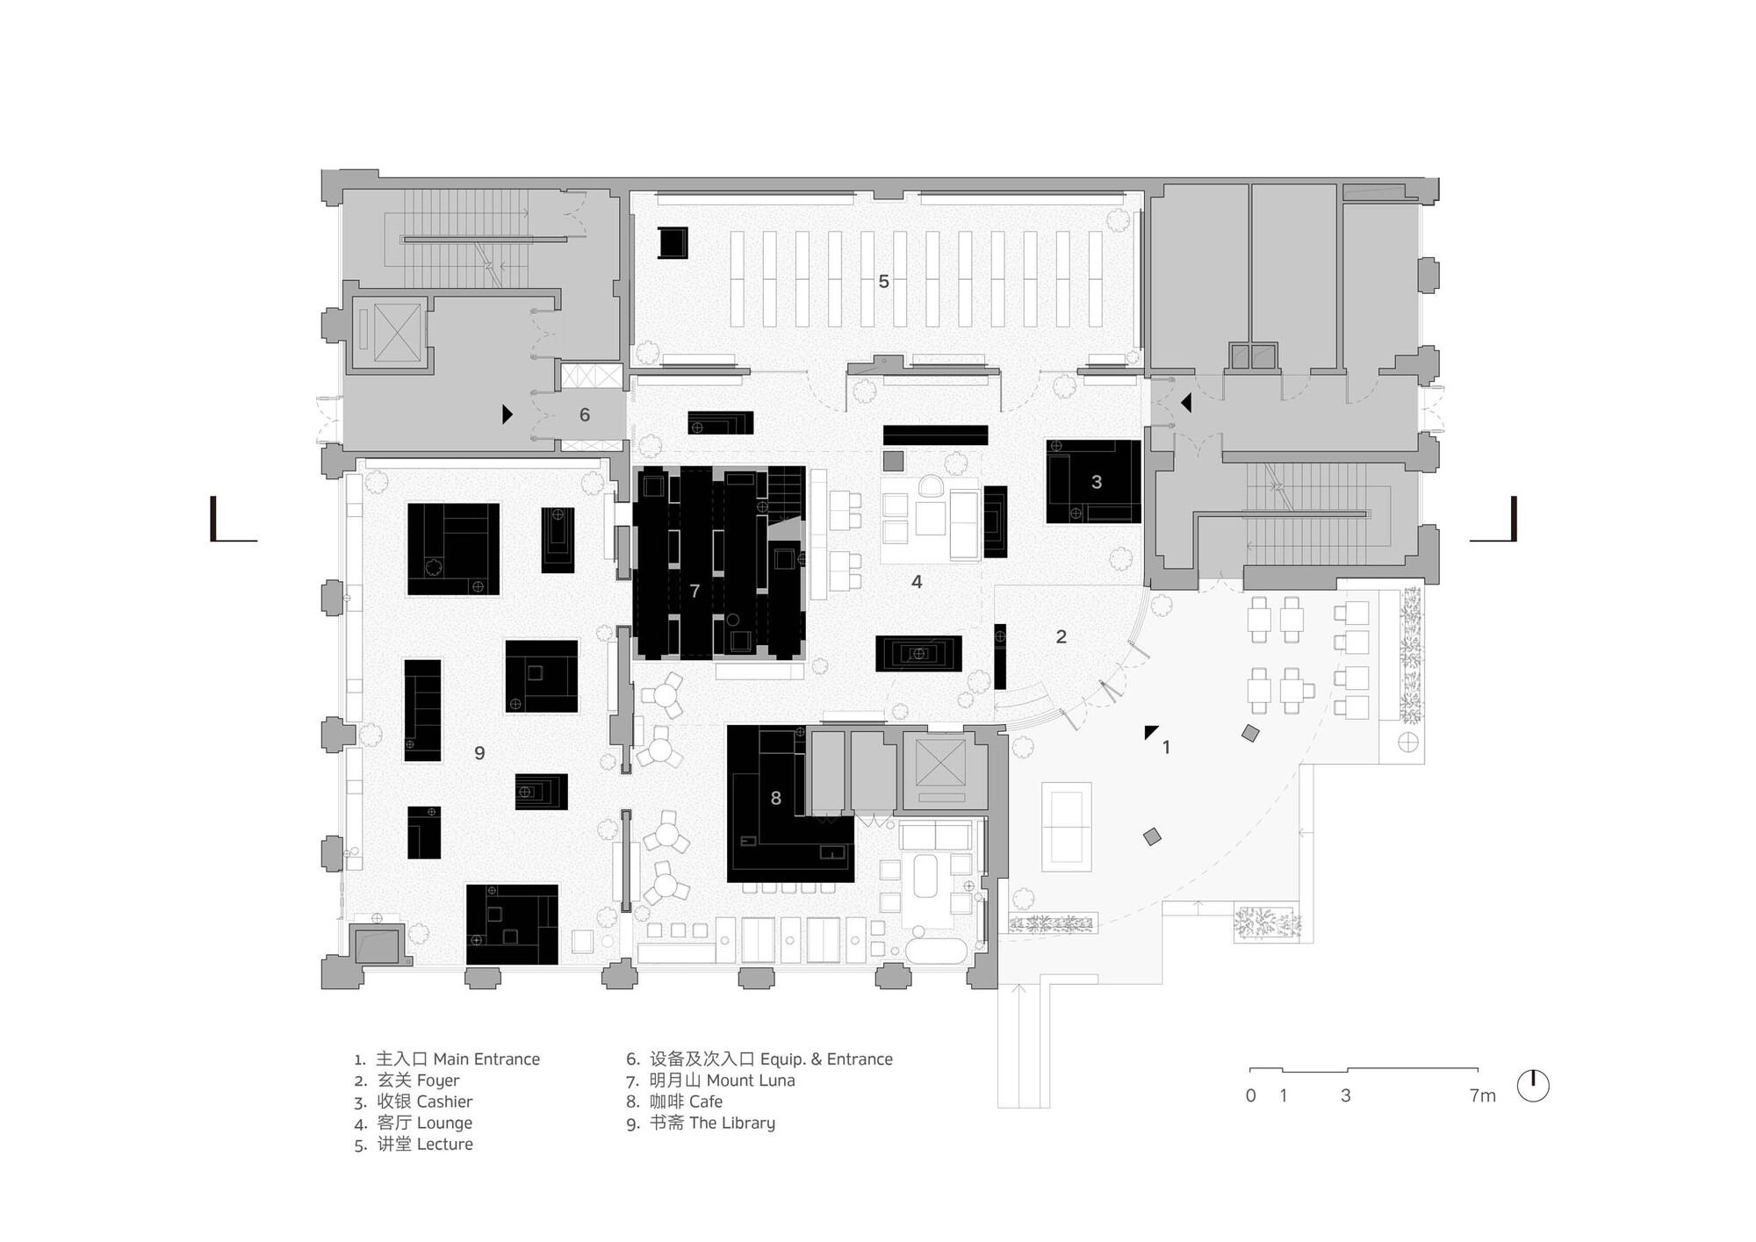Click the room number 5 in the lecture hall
coord(883,282)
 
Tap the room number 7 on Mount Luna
coord(694,592)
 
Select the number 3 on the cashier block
coord(1096,482)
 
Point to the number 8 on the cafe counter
coord(775,798)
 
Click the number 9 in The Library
coord(479,753)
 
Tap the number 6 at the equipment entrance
coord(585,415)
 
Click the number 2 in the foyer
coord(1061,637)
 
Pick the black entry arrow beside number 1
coord(1150,732)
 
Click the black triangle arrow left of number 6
coord(507,414)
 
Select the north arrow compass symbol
coord(1533,1086)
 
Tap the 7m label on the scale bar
coord(1482,1095)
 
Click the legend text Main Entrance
coord(486,1059)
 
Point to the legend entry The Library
coord(731,1123)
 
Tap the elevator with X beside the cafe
coord(939,763)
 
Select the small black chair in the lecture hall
coord(673,242)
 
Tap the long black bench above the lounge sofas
coord(935,434)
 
